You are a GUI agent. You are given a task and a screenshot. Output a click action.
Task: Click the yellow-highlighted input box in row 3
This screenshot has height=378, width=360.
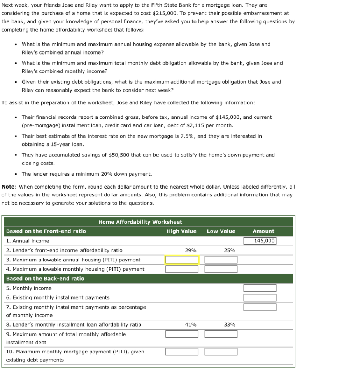tap(182, 260)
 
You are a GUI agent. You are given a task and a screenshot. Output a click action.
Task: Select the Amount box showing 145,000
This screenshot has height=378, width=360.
tap(260, 241)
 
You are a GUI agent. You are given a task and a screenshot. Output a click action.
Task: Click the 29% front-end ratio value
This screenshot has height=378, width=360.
tap(190, 250)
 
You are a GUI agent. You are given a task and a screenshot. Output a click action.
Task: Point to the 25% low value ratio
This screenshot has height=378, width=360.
tap(229, 250)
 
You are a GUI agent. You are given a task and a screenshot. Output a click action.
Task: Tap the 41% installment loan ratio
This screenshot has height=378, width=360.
tap(190, 324)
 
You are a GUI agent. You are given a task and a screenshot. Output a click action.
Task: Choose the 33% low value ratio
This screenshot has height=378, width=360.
tap(229, 324)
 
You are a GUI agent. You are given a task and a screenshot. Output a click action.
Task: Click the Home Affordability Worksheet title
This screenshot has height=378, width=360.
tap(140, 222)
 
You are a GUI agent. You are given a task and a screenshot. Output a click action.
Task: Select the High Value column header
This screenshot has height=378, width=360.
tap(181, 231)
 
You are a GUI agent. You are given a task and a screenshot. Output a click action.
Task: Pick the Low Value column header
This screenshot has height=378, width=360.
tap(221, 231)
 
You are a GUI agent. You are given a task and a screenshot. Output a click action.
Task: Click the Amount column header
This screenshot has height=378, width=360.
tap(263, 231)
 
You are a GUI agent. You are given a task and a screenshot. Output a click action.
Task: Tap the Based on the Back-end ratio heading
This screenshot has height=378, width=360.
tap(45, 279)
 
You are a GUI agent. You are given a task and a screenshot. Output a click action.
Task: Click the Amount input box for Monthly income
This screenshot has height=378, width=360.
tap(260, 288)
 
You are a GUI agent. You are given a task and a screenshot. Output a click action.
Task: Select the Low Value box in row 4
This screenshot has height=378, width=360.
tap(221, 269)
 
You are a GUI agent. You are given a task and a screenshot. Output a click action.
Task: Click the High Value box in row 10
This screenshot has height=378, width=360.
tap(182, 352)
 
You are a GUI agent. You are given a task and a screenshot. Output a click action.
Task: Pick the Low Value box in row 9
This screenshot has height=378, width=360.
tap(221, 334)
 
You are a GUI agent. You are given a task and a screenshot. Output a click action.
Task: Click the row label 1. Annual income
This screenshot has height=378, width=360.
tap(28, 241)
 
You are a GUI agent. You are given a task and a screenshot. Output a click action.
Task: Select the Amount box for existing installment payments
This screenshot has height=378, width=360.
tap(260, 298)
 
